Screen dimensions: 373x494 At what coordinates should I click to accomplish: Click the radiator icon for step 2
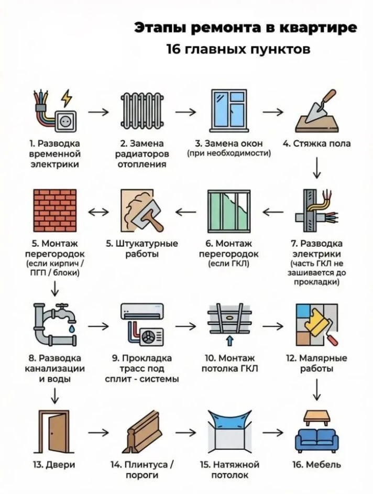[x=142, y=111]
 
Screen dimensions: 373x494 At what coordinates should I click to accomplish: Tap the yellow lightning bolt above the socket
[x=67, y=98]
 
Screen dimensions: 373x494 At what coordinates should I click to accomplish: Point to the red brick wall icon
[x=55, y=211]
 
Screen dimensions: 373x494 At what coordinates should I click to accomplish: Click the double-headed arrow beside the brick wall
[x=98, y=212]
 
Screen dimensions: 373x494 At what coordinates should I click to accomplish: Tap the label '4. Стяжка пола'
[x=316, y=144]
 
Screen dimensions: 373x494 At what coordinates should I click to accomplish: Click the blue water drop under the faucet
[x=72, y=329]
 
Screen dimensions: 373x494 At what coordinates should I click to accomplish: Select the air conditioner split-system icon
[x=142, y=324]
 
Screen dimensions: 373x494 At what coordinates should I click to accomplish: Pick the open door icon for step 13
[x=54, y=431]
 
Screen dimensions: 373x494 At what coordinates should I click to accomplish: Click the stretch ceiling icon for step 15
[x=229, y=431]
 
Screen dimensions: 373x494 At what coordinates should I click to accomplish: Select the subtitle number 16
[x=173, y=49]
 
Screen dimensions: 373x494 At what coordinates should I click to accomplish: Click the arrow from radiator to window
[x=185, y=112]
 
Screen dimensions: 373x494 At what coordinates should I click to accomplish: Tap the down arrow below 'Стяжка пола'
[x=316, y=168]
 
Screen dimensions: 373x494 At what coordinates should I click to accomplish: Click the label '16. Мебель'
[x=316, y=464]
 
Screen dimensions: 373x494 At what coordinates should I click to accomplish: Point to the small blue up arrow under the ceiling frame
[x=230, y=341]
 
